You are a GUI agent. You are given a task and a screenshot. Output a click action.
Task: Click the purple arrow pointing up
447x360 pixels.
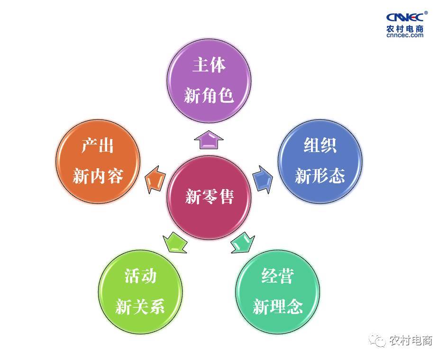click(x=209, y=140)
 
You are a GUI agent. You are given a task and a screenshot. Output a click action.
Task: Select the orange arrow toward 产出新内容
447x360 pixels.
click(x=155, y=180)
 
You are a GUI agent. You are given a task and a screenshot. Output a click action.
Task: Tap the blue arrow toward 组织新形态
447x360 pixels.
click(x=263, y=180)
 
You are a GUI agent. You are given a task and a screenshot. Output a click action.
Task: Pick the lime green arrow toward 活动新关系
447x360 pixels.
click(x=175, y=243)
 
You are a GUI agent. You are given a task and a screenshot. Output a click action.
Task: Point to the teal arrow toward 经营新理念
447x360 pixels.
click(x=243, y=243)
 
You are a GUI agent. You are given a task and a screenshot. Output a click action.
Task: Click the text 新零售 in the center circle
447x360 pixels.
click(x=210, y=197)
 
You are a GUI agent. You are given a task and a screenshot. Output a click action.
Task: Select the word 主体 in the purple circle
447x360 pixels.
click(x=209, y=65)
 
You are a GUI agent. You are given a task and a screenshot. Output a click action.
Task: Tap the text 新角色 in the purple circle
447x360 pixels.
click(x=209, y=95)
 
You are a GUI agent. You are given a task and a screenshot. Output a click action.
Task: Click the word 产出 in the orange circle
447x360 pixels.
click(x=98, y=146)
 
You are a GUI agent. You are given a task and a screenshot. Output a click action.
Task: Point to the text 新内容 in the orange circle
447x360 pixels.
click(x=98, y=176)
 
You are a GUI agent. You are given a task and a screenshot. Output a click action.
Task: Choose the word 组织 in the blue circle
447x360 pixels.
click(x=320, y=145)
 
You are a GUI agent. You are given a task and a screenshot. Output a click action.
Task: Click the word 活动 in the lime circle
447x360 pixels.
click(x=140, y=276)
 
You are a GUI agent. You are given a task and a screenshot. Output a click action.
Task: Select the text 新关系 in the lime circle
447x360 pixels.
click(x=140, y=306)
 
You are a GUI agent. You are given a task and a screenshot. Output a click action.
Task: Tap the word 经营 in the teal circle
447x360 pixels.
click(x=277, y=276)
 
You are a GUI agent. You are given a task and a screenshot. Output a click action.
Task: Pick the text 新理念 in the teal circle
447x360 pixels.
click(x=278, y=306)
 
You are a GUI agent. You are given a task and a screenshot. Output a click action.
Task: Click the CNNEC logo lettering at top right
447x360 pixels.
click(x=405, y=17)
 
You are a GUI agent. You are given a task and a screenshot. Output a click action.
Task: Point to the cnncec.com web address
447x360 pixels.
click(x=405, y=36)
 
